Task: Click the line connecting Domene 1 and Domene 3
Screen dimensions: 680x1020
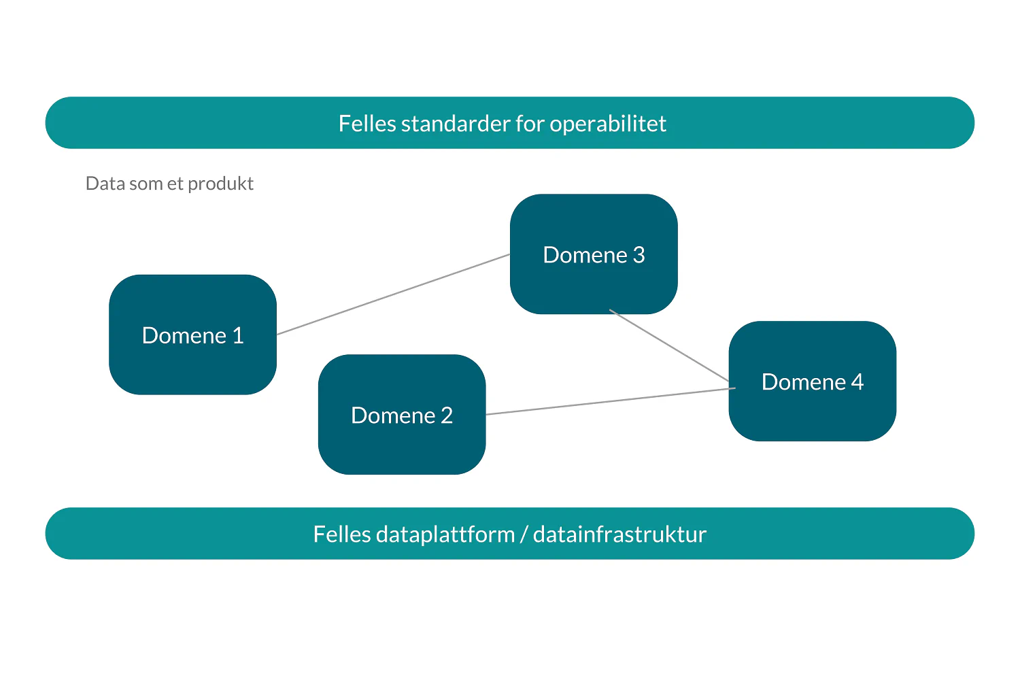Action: point(393,294)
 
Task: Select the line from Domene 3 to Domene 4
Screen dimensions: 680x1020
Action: point(670,345)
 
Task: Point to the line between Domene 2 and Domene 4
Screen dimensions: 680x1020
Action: point(611,401)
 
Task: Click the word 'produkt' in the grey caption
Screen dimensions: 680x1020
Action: point(220,184)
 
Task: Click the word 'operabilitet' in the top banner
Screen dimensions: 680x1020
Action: point(608,124)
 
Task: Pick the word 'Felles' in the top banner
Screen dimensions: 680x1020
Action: point(367,124)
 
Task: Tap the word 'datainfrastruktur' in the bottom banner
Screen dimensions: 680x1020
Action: point(619,534)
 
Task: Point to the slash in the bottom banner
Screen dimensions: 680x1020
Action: point(524,534)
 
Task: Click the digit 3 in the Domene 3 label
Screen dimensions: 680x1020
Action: point(639,255)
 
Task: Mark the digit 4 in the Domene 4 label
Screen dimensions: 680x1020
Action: point(857,382)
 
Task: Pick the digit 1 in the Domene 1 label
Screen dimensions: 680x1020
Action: point(238,336)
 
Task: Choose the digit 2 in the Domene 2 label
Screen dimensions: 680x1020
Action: point(447,415)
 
